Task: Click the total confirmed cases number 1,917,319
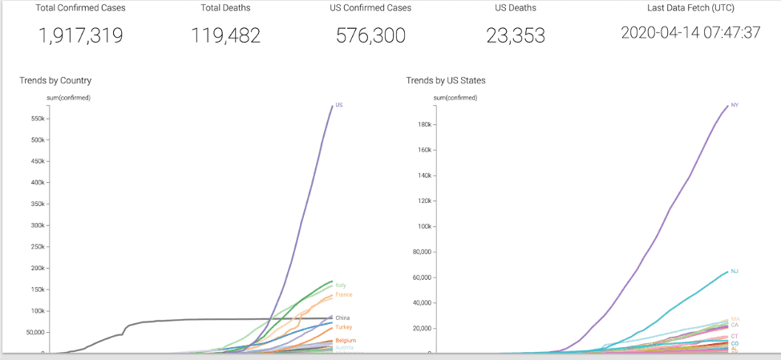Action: coord(80,35)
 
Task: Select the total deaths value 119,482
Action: coord(225,35)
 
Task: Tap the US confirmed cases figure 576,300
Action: coord(370,35)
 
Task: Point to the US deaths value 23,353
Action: coord(516,35)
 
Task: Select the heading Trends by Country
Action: coord(55,80)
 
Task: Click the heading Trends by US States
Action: coord(446,80)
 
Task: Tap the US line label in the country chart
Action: coord(339,105)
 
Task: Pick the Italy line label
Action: coord(341,285)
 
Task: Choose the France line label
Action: coord(343,295)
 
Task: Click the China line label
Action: coord(342,318)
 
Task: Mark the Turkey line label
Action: coord(344,327)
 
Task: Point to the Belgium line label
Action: coord(346,341)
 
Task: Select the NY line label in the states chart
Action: coord(734,105)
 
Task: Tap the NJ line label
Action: coord(734,271)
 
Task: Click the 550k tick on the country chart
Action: coord(37,119)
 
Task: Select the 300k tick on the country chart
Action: coord(37,225)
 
